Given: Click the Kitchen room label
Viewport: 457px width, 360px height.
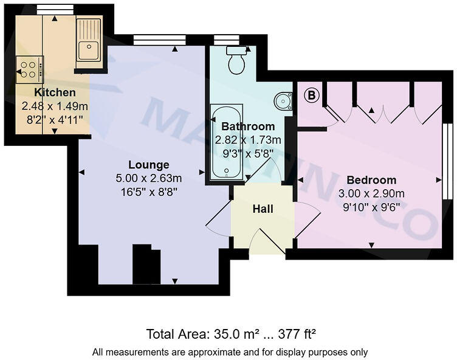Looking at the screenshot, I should [55, 93].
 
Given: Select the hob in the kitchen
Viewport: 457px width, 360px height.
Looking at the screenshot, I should [29, 68].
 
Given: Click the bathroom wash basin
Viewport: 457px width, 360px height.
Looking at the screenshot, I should [283, 101].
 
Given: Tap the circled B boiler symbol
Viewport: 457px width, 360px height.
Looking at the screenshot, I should [311, 95].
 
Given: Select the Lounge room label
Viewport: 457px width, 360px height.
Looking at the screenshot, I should [148, 165].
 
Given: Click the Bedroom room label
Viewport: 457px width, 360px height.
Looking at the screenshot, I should [371, 180].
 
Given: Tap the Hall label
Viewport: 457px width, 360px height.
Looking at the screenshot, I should [263, 209].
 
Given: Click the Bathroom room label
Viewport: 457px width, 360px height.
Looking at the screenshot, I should [247, 126].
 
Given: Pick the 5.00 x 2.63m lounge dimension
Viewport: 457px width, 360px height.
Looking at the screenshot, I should [148, 178].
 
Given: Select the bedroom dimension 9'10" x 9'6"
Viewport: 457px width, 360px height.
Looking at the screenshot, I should [371, 207].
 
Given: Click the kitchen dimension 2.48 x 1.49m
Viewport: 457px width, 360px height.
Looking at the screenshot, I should [55, 106].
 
